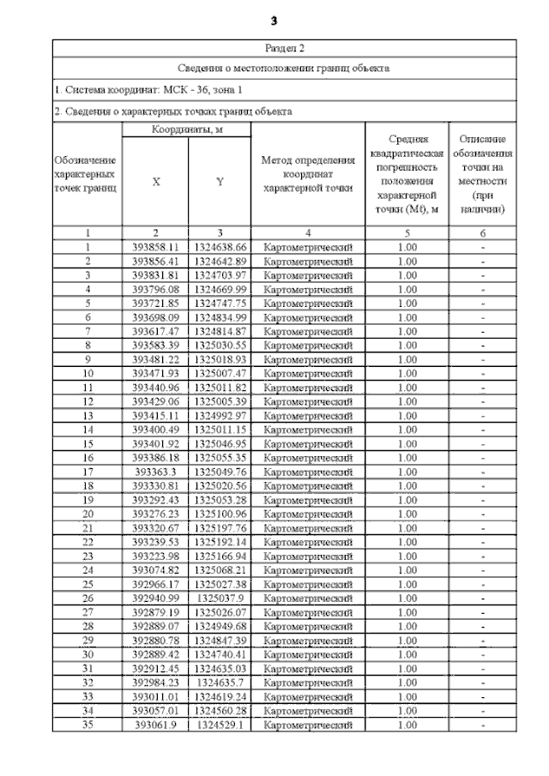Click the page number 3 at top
coord(274,21)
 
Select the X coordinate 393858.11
coord(155,247)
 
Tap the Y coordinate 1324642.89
coord(220,261)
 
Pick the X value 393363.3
coord(155,472)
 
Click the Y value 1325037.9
coord(220,599)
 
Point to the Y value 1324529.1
coord(220,725)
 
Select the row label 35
coord(87,725)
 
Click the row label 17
coord(87,472)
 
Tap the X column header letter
coord(155,182)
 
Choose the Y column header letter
coord(220,182)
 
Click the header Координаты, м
coord(187,129)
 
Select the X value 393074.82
coord(155,570)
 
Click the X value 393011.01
coord(155,697)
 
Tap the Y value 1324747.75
coord(220,304)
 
